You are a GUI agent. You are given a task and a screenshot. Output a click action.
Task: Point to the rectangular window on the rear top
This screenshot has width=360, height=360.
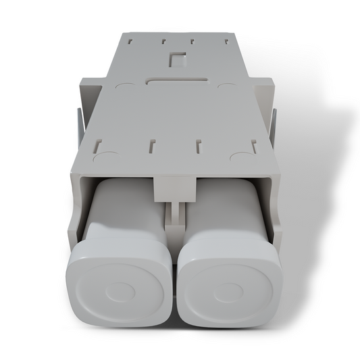click(177, 59)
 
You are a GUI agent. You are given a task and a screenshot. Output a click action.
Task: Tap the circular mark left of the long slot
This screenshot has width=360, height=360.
click(126, 86)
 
